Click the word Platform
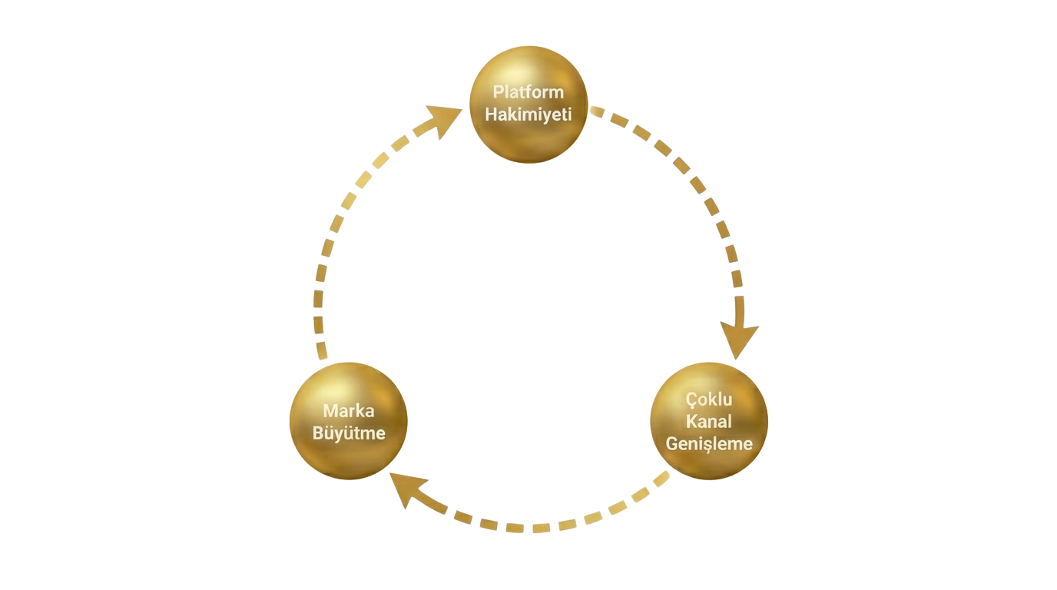528,92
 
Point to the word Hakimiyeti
528,114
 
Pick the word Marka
348,411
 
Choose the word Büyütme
348,433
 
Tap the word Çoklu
709,400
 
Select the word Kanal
709,422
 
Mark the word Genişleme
709,444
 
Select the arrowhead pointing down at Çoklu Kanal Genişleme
739,340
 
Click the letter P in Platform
498,92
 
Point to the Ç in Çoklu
691,400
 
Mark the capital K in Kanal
691,422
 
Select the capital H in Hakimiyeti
490,114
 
